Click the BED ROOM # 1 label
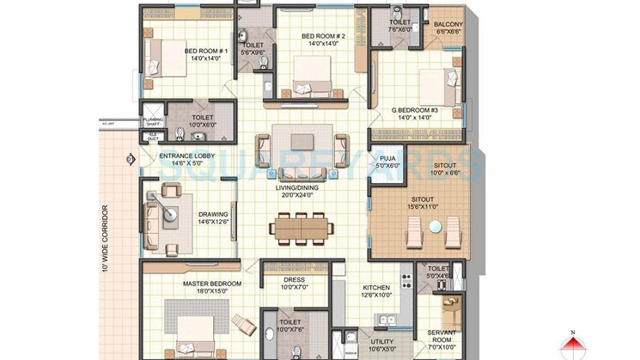[205, 51]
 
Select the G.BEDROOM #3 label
[415, 110]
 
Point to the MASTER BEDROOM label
[211, 283]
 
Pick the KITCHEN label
[376, 288]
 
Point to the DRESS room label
[294, 279]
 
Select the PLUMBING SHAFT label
[152, 121]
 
